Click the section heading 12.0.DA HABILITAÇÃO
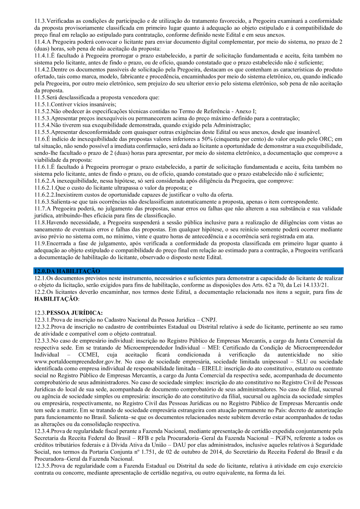[67, 271]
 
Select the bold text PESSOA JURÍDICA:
[74, 313]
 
